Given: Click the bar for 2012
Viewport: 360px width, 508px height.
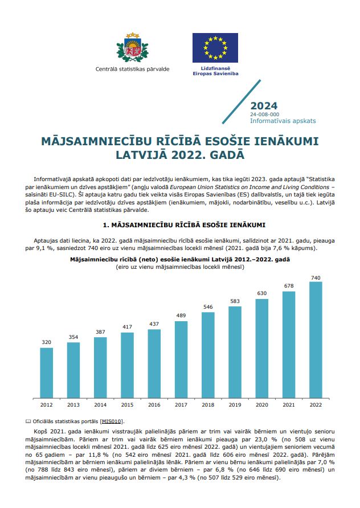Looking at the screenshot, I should [46, 372].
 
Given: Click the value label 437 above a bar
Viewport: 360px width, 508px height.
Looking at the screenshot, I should [154, 323].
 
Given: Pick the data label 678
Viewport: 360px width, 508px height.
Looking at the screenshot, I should [289, 286].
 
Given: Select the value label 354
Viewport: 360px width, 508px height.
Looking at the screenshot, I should [73, 337].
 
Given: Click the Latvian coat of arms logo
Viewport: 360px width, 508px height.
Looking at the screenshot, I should [132, 48].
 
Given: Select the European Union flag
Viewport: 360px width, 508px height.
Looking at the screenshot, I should [215, 48].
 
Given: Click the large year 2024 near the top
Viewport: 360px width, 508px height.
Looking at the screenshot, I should [264, 106].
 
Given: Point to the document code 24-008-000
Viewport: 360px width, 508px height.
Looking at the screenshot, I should [264, 114].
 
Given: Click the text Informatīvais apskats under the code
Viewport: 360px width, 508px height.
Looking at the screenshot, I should [283, 121].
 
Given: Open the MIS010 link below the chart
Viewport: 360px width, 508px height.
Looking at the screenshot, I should [111, 421].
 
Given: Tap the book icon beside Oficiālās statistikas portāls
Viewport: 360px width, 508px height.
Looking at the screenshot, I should [30, 421].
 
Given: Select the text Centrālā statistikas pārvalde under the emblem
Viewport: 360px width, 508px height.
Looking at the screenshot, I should [132, 69].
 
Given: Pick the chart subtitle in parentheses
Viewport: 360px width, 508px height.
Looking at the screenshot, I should [179, 267].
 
